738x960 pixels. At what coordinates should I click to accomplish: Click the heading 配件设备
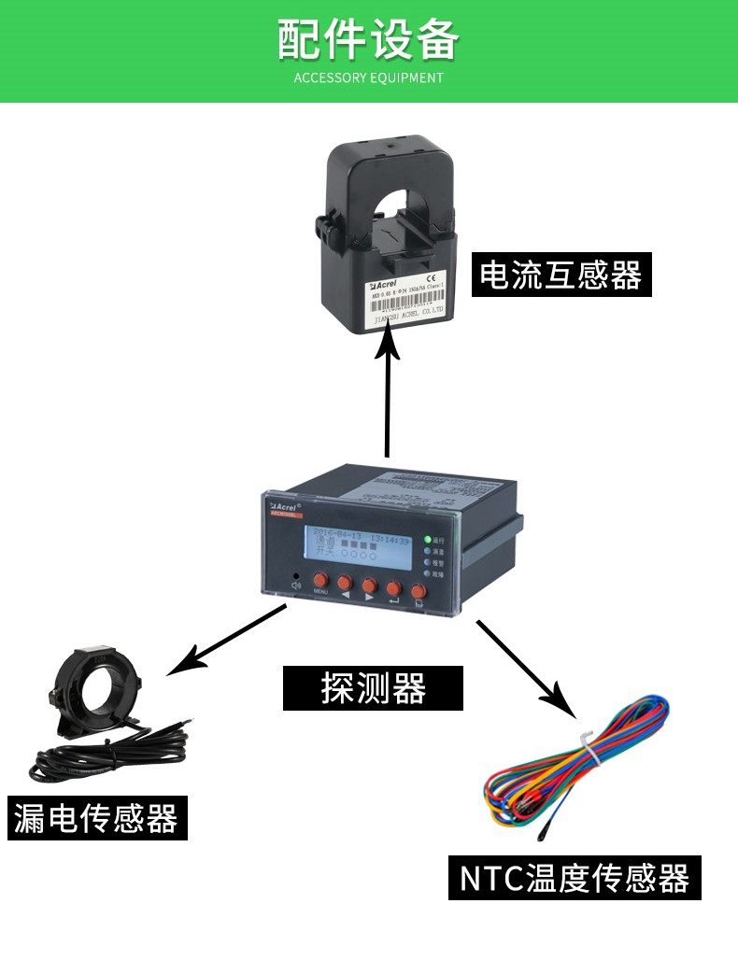368,39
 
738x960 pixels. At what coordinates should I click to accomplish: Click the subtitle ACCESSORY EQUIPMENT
368,78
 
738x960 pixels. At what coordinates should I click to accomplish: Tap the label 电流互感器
561,275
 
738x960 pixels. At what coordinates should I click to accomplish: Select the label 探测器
373,689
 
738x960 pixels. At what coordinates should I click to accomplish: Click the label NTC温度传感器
575,878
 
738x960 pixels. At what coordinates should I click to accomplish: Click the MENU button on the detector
320,581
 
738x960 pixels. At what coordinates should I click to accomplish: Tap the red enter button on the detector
393,588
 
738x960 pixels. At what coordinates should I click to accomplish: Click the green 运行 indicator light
427,539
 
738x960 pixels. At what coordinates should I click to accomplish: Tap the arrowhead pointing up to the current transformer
387,346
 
